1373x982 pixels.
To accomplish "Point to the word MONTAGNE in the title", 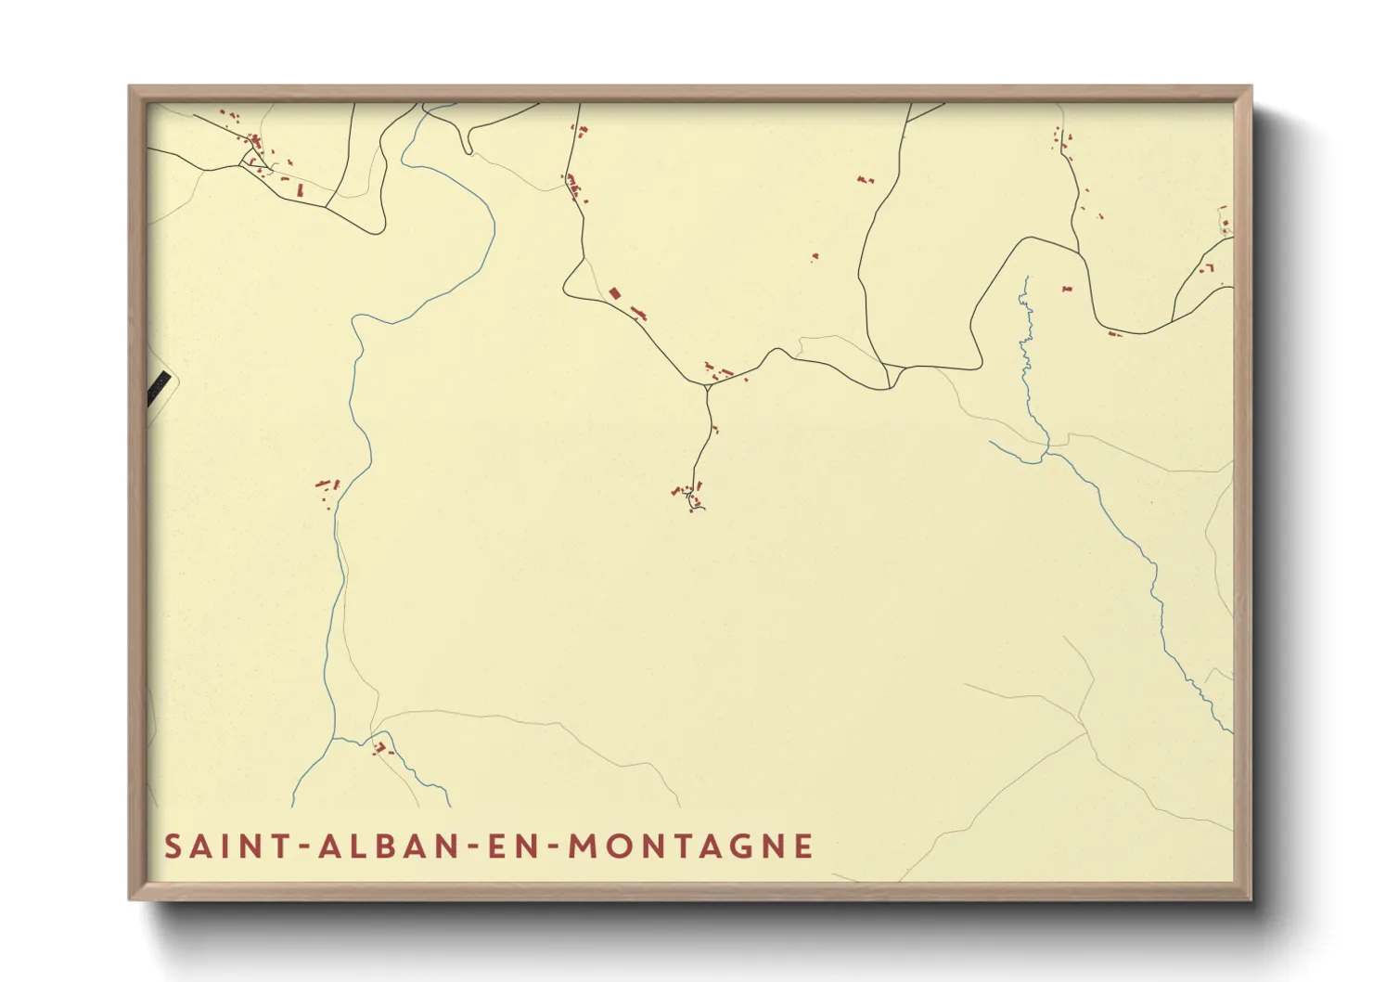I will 690,846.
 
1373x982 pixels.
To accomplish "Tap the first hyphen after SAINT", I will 303,847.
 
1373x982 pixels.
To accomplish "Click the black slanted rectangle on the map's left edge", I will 159,386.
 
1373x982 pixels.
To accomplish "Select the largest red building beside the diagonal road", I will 613,293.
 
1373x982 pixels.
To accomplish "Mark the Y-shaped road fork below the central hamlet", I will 708,389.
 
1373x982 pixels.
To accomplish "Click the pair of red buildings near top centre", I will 865,179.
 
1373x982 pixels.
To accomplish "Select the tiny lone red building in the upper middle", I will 815,256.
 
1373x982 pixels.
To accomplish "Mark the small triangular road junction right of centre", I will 892,373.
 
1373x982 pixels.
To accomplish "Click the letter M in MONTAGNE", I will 582,846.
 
